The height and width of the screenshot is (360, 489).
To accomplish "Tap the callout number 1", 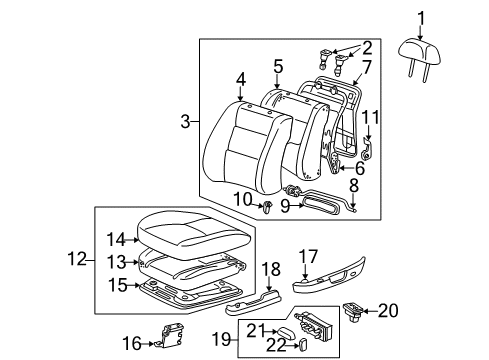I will click(421, 16).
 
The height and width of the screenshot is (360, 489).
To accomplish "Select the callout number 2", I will click(367, 47).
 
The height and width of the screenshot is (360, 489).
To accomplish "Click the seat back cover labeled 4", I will click(241, 139).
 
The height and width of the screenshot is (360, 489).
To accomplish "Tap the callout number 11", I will click(371, 118).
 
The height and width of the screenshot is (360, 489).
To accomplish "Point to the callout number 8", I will click(354, 185).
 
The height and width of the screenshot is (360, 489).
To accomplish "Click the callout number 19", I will click(219, 342).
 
